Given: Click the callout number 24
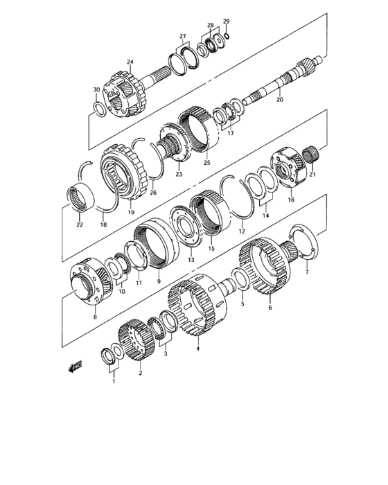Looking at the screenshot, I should (130, 62).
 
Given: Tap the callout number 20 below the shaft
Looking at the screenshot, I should (280, 100).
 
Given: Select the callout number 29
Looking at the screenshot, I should (226, 21).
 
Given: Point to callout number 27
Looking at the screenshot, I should (183, 36).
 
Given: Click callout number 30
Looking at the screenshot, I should (96, 90).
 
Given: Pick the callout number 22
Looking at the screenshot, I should (80, 224).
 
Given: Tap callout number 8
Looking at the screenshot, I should (95, 317).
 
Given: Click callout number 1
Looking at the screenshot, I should (114, 379).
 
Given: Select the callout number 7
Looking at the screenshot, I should (307, 272).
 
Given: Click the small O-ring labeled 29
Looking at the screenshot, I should (227, 35).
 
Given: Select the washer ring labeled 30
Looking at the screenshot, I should (99, 108).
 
